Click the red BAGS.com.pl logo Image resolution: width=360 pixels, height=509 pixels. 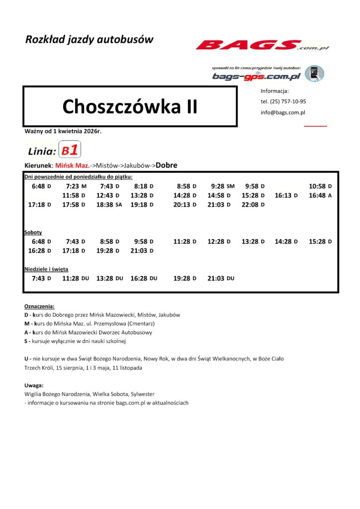[262, 46]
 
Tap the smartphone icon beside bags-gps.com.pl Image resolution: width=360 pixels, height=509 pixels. [314, 74]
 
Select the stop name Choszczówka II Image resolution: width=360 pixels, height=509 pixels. [130, 106]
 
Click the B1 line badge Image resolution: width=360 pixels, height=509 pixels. [70, 150]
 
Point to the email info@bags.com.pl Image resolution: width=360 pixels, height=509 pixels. [283, 112]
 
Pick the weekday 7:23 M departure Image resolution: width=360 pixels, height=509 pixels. [76, 186]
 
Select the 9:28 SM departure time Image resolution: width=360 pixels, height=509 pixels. [222, 186]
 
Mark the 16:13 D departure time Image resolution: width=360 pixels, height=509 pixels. [286, 195]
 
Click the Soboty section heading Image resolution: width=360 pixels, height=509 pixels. [33, 232]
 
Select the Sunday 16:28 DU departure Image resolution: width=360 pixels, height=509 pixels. [144, 278]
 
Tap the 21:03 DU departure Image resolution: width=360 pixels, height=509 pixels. [221, 278]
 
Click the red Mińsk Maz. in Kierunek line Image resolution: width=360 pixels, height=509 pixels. [73, 165]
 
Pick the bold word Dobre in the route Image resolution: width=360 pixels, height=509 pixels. [167, 165]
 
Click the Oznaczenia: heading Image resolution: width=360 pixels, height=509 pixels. [39, 306]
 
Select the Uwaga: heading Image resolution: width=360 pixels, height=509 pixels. [33, 385]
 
